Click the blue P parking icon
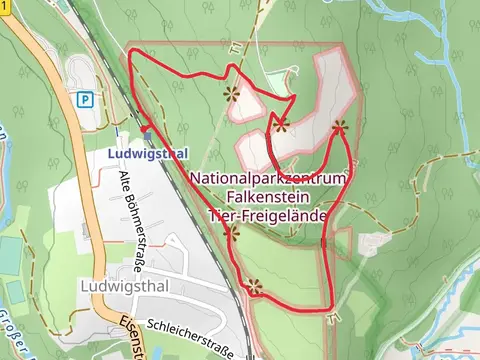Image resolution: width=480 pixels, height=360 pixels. tap(86, 99)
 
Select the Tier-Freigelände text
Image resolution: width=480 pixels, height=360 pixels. tap(268, 214)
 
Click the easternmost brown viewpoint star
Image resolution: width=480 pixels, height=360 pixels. tap(340, 127)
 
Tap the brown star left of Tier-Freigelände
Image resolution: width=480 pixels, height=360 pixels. tap(232, 234)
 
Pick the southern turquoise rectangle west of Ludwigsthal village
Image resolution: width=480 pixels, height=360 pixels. tap(14, 292)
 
